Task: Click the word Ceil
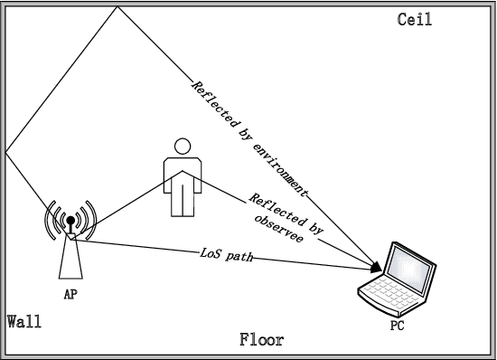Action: [x=415, y=19]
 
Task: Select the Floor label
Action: [x=261, y=341]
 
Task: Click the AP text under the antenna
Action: [x=70, y=294]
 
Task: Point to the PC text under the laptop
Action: [x=396, y=323]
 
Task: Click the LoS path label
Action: [x=226, y=255]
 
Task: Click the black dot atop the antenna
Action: [x=70, y=219]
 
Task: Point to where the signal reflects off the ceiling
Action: [x=117, y=6]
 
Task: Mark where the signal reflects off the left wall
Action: [x=5, y=151]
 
